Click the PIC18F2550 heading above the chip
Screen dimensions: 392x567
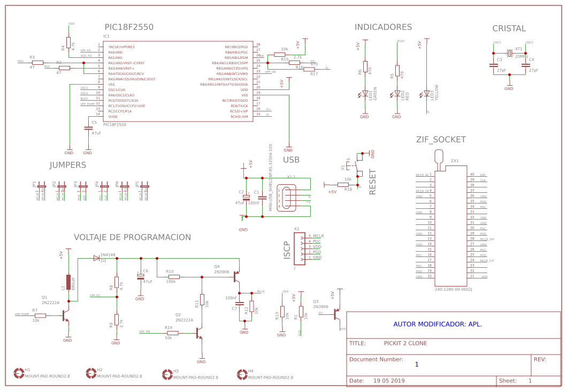128,27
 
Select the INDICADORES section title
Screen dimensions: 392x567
383,27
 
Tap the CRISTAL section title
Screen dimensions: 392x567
509,28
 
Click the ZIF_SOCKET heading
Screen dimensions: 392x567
441,140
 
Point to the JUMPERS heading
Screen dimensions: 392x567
68,165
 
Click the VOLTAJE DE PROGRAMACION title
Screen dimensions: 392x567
132,237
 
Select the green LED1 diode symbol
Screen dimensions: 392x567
364,94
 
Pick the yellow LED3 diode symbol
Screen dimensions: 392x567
426,94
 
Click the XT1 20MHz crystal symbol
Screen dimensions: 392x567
510,53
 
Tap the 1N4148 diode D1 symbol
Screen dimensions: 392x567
96,258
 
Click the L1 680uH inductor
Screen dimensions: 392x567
68,282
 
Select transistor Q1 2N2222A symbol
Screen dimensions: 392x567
65,316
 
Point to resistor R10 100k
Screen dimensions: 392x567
173,277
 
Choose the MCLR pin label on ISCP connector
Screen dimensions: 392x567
318,236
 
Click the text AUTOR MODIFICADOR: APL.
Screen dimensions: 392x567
438,324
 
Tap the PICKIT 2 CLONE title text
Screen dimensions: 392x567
405,343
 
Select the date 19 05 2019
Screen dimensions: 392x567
389,381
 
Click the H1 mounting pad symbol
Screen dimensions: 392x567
19,372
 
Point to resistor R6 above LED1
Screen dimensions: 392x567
365,66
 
